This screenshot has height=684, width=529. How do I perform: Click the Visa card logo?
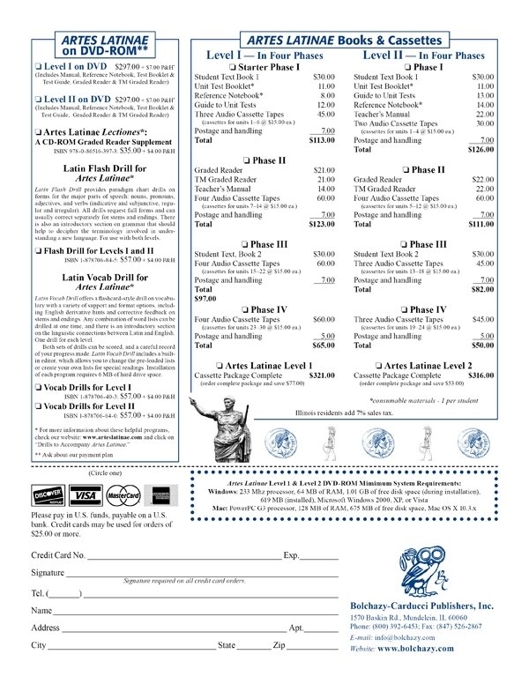[x=86, y=494]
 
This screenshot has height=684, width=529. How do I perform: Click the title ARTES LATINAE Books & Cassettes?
[x=345, y=41]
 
